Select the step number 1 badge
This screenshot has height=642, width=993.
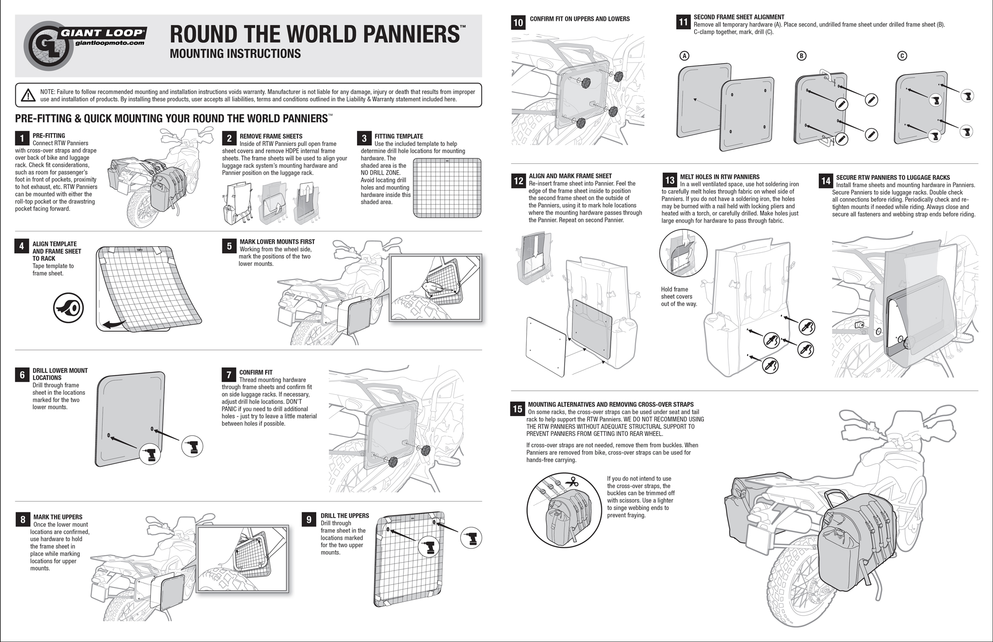click(x=22, y=139)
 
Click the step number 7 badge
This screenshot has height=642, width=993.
click(x=228, y=375)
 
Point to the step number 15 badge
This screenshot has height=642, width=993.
click(x=517, y=409)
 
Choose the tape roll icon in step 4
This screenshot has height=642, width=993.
click(x=69, y=308)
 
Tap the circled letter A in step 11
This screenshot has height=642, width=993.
click(x=684, y=56)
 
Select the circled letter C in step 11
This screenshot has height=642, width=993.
click(x=902, y=56)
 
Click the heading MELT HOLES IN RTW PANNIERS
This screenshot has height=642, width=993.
click(x=719, y=177)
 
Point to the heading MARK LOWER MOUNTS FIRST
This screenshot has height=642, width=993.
click(x=277, y=242)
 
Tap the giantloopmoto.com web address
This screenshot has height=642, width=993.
click(x=109, y=43)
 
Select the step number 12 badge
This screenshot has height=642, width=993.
click(x=518, y=181)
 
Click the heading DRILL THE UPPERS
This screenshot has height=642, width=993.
click(x=345, y=516)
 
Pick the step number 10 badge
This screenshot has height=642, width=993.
click(x=518, y=22)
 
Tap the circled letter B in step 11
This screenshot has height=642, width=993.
click(x=801, y=56)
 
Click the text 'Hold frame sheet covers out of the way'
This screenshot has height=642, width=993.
click(x=678, y=296)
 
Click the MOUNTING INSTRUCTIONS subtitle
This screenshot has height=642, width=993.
click(x=235, y=54)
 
